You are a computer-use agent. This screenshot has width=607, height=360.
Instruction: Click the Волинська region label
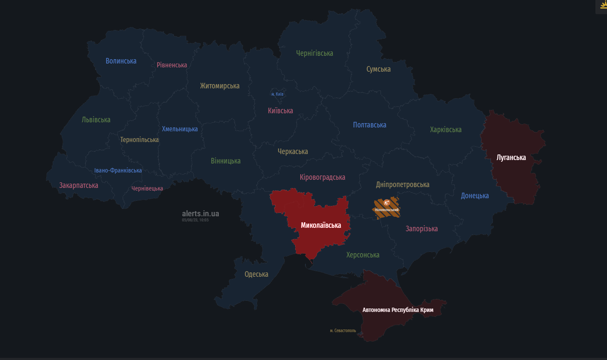pyautogui.click(x=121, y=61)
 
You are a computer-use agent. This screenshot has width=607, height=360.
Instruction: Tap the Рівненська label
pyautogui.click(x=172, y=65)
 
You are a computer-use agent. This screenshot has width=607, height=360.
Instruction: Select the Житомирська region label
pyautogui.click(x=220, y=86)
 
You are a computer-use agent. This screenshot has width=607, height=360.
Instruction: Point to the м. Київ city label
pyautogui.click(x=277, y=94)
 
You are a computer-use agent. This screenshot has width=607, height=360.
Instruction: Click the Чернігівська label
pyautogui.click(x=314, y=53)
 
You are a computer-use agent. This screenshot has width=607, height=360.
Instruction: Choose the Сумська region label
pyautogui.click(x=378, y=69)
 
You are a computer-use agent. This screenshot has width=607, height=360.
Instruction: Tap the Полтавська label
pyautogui.click(x=369, y=125)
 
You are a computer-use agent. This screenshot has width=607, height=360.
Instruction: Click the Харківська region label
pyautogui.click(x=446, y=130)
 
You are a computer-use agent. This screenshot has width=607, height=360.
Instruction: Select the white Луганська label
pyautogui.click(x=511, y=157)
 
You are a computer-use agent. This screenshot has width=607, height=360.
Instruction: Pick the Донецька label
pyautogui.click(x=475, y=196)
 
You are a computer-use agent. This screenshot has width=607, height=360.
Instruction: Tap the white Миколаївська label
pyautogui.click(x=321, y=225)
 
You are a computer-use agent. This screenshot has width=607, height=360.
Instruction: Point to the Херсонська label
pyautogui.click(x=363, y=255)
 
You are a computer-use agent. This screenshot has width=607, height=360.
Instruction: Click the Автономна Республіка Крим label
pyautogui.click(x=398, y=310)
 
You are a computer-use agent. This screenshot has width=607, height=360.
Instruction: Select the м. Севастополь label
pyautogui.click(x=343, y=330)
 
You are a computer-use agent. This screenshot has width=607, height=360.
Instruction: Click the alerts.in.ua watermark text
pyautogui.click(x=200, y=213)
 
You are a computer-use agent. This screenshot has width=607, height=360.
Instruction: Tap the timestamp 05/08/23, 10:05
pyautogui.click(x=195, y=220)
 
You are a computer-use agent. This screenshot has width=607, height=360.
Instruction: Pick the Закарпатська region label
pyautogui.click(x=79, y=185)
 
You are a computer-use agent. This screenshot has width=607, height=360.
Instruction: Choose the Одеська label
pyautogui.click(x=256, y=274)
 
